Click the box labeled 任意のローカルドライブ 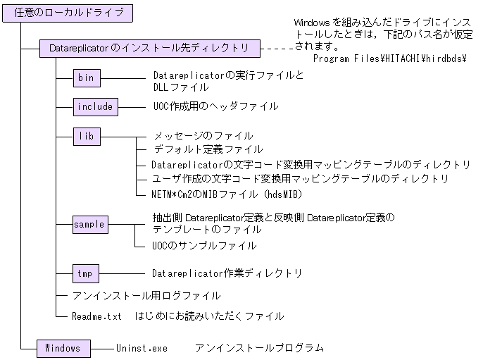coord(68,12)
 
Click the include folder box coord(95,106)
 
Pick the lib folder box coord(87,135)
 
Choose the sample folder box coord(90,225)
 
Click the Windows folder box coord(63,348)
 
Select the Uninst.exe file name coord(142,348)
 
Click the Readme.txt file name coord(97,316)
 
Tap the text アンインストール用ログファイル coord(146,296)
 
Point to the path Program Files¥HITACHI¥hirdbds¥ coord(390,58)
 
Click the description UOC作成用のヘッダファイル coord(215,106)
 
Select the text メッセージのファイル coord(203,136)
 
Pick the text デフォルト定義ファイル coord(208,149)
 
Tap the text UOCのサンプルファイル coord(204,246)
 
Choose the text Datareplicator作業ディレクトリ coord(227,273)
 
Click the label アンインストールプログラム coord(259,348)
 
